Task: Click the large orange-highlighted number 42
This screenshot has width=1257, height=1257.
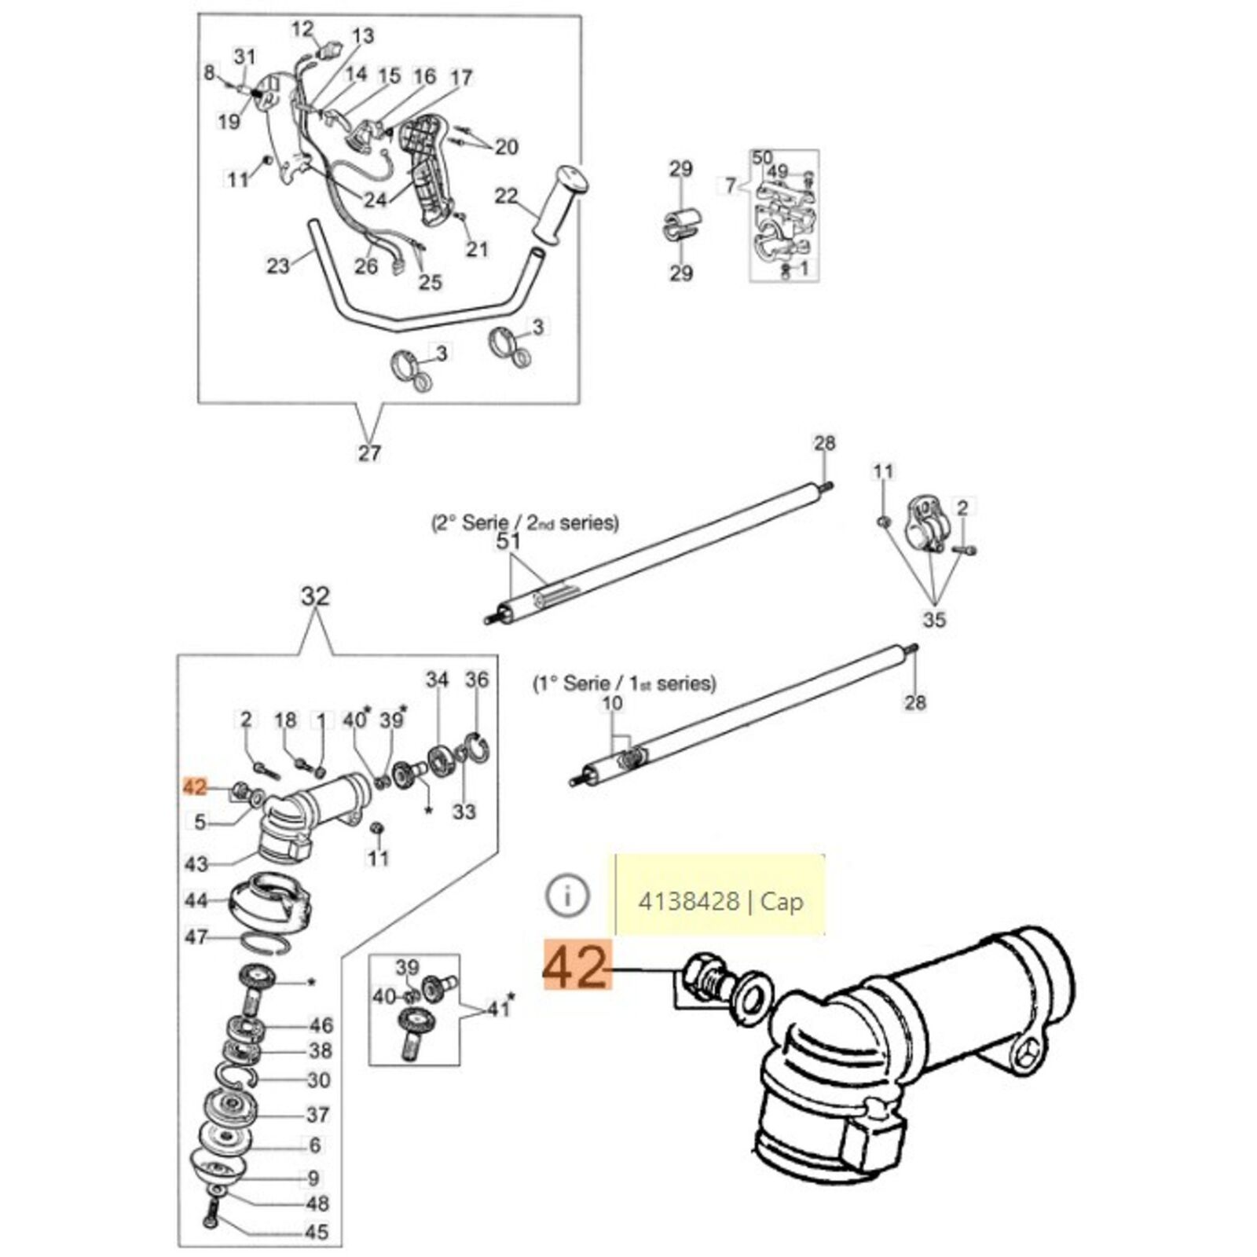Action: pos(576,969)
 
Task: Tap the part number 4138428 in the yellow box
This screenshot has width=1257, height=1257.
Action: pos(688,901)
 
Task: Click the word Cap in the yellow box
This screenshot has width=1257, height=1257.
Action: pos(782,901)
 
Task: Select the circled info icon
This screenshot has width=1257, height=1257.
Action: pos(566,896)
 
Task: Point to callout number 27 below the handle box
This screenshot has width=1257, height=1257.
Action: pos(369,453)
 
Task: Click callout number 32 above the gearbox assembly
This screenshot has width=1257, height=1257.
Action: pos(315,597)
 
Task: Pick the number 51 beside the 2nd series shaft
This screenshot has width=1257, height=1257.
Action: pos(509,541)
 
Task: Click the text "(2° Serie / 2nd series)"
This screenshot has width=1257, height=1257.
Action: pos(525,522)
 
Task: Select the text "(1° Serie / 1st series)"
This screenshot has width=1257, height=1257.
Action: pos(625,683)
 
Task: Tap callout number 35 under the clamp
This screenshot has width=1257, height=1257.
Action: pos(934,620)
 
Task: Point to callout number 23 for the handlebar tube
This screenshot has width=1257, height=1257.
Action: pos(278,266)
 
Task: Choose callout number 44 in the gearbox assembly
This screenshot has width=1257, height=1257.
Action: pos(196,900)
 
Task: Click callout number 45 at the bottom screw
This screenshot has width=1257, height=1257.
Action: pos(317,1231)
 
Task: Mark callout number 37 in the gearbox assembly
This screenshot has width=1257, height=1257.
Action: pos(317,1114)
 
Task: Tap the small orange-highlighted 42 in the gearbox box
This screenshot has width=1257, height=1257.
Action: pos(193,786)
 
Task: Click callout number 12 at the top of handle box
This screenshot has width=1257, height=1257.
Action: pos(302,30)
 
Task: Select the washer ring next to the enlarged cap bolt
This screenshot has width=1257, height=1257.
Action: pos(750,999)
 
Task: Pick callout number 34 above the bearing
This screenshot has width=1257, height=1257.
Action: pos(437,679)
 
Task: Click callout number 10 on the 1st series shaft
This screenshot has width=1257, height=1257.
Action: pos(612,702)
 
